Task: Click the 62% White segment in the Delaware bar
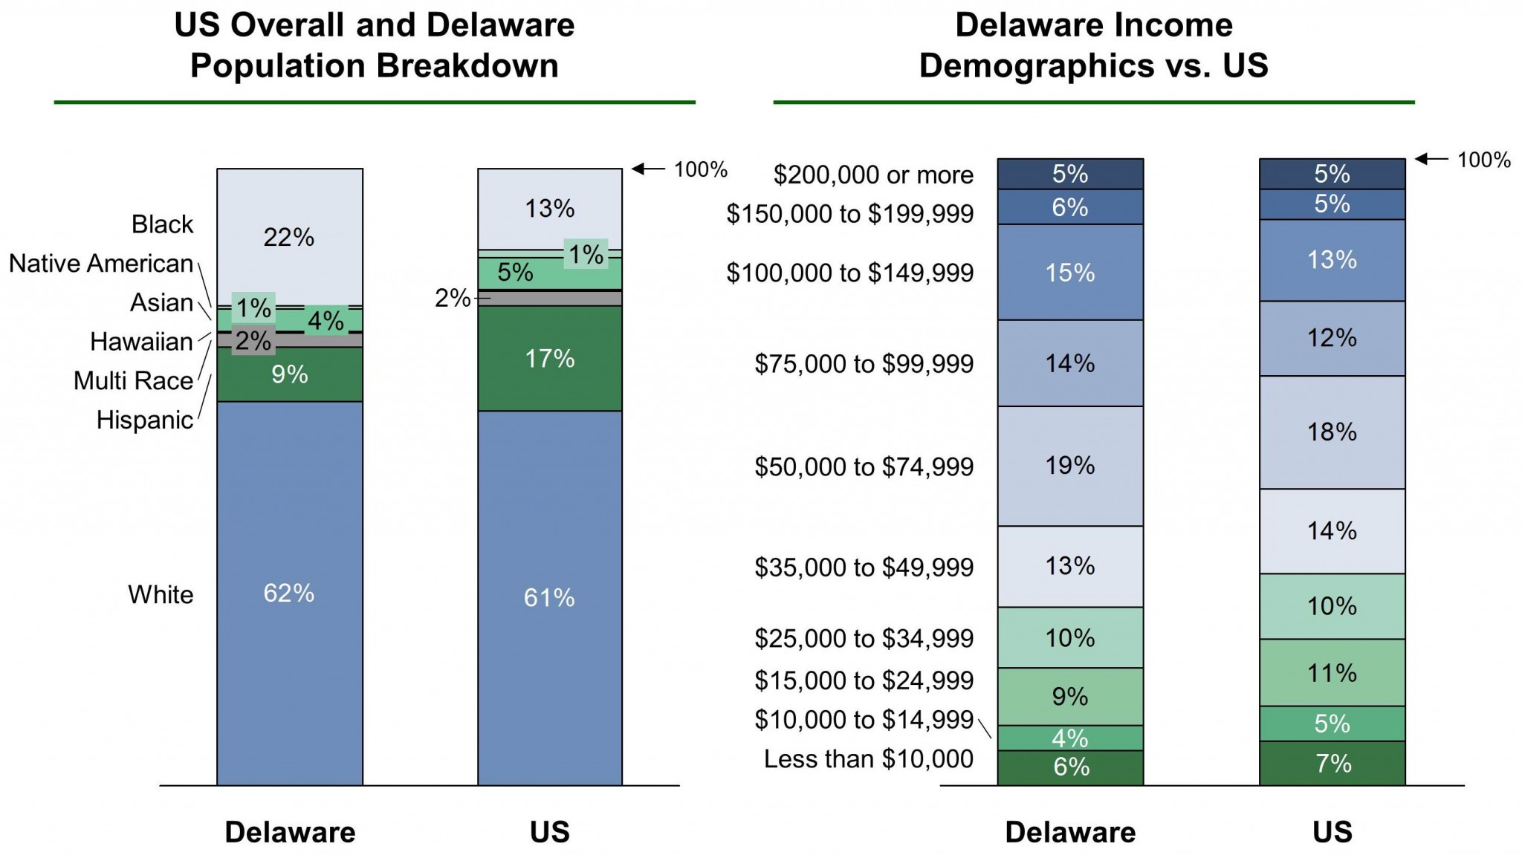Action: coord(289,593)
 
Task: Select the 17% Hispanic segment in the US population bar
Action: coord(549,359)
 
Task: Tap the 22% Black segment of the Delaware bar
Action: coord(289,237)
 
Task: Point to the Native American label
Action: coord(101,264)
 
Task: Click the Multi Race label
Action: coord(133,380)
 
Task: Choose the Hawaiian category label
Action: coord(141,342)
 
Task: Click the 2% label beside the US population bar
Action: coord(452,299)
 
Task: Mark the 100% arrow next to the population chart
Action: coord(648,169)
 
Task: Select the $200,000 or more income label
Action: coord(873,175)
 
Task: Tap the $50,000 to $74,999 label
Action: coord(864,466)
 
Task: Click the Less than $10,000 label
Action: coord(868,758)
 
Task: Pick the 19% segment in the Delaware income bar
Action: coord(1069,466)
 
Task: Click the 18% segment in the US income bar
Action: coord(1332,432)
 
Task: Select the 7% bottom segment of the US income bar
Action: coord(1332,764)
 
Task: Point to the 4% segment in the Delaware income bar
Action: coord(1069,738)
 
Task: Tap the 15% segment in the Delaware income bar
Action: coord(1069,273)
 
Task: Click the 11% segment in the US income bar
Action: coord(1332,673)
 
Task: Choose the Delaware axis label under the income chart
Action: coord(1069,832)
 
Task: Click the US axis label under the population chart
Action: coord(549,832)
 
